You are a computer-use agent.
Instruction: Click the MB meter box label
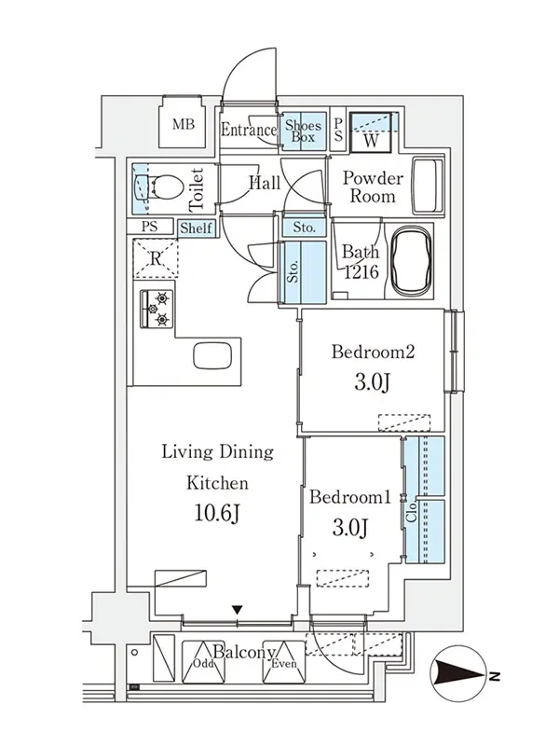coord(184,125)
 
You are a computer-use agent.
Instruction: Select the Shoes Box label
coord(304,131)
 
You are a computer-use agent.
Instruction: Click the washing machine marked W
coord(371,132)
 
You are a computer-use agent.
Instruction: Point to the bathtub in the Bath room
coord(411,260)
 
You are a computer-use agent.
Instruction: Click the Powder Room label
coord(373,187)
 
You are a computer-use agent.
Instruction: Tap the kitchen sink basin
coord(212,355)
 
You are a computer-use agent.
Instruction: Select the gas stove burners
coord(157,310)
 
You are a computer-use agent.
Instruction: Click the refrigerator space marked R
coord(156,259)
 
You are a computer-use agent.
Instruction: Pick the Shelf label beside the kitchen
coord(196,228)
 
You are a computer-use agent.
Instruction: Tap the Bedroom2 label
coord(374,352)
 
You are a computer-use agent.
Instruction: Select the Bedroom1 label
coord(350,498)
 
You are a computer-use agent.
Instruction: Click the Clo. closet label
coord(412,511)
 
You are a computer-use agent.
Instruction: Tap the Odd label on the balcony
coord(202,663)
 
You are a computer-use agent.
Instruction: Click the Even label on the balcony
coord(284,663)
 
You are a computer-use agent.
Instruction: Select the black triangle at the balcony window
coord(238,610)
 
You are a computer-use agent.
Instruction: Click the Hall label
coord(265,183)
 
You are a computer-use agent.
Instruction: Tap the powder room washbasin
coord(428,186)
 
